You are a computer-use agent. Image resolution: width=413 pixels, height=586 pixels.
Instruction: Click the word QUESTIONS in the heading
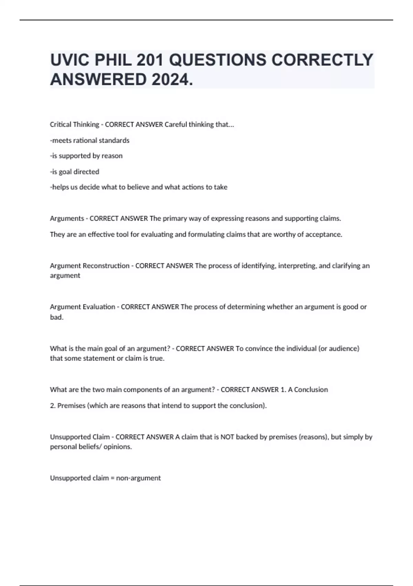pyautogui.click(x=218, y=60)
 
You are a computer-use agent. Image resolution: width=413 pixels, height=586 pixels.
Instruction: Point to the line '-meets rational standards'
pyautogui.click(x=89, y=140)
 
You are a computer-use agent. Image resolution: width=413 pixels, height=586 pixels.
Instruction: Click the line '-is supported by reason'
pyautogui.click(x=86, y=156)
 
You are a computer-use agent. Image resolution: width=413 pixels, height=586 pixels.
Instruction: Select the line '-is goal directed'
pyautogui.click(x=74, y=172)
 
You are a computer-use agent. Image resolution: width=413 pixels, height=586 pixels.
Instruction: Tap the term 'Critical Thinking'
pyautogui.click(x=74, y=124)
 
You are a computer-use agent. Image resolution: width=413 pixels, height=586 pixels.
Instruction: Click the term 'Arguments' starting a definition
pyautogui.click(x=67, y=218)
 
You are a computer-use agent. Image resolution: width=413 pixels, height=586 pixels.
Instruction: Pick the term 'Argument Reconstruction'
pyautogui.click(x=89, y=266)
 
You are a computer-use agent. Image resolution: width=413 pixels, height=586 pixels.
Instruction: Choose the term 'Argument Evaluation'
pyautogui.click(x=83, y=307)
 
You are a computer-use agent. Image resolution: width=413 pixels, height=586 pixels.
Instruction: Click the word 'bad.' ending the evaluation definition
pyautogui.click(x=57, y=317)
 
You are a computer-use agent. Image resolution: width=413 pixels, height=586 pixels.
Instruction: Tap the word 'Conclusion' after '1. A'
pyautogui.click(x=311, y=390)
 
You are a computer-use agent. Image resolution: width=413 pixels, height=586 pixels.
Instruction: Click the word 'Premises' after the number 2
pyautogui.click(x=71, y=406)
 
